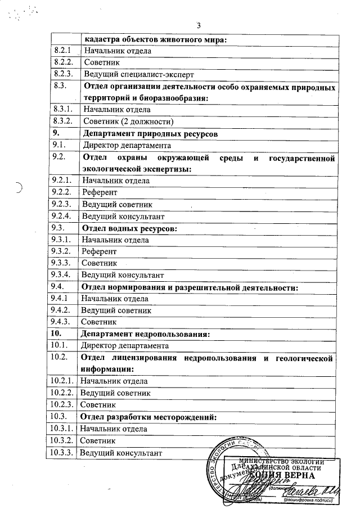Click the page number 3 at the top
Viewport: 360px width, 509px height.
tap(199, 25)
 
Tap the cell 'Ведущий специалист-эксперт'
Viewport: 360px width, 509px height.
tap(138, 74)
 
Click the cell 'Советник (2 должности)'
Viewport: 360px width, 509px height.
tap(128, 121)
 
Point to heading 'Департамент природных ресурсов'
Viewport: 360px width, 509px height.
tap(150, 134)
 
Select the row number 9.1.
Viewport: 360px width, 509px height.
tap(58, 145)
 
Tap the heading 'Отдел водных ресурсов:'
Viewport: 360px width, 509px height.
tap(130, 228)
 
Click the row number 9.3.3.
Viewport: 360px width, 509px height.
tap(62, 263)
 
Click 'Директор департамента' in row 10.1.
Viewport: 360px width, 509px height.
tap(125, 345)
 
